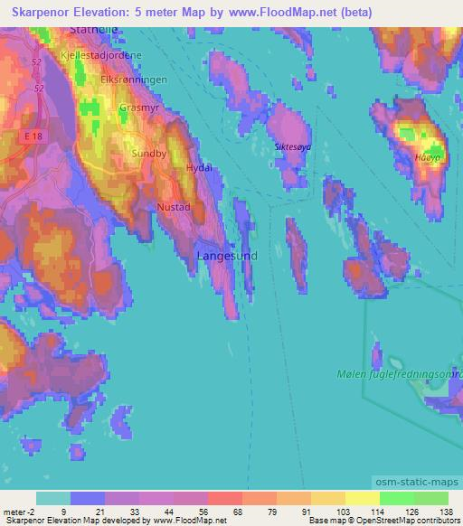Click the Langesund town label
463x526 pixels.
(227, 256)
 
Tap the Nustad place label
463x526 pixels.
(173, 207)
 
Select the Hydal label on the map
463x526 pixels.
(198, 168)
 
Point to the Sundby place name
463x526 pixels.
(149, 154)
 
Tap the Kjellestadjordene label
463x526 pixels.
(100, 55)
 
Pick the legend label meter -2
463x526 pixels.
(17, 512)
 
